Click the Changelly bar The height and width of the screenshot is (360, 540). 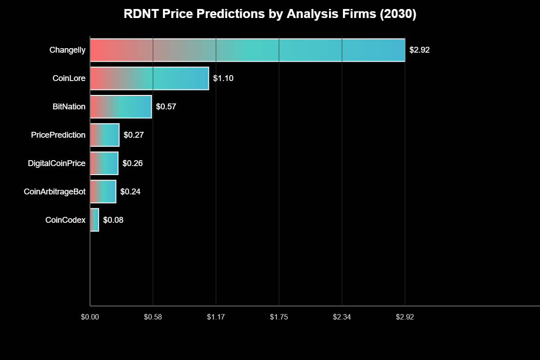point(247,50)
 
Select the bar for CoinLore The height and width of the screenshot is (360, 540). point(149,78)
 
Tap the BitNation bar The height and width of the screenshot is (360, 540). point(121,107)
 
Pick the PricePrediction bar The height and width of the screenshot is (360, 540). point(104,135)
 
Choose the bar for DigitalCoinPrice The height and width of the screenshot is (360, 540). point(104,163)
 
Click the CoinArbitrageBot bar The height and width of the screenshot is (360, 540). point(103,191)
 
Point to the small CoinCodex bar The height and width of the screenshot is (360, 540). point(94,220)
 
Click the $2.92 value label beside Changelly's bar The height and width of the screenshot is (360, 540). point(419,50)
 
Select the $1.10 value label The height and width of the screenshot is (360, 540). point(223,78)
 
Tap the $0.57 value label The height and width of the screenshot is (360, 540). point(166,107)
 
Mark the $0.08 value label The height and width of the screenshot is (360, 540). point(113,220)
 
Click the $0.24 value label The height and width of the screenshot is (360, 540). point(130,192)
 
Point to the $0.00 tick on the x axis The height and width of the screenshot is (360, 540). point(90,317)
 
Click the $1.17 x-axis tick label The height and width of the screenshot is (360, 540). point(216,317)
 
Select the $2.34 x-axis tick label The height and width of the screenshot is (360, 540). point(342,317)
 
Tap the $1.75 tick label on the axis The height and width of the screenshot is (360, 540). point(279,317)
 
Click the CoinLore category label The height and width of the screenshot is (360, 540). point(69,78)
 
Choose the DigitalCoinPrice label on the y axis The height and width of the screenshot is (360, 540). point(57,163)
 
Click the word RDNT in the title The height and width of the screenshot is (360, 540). point(139,14)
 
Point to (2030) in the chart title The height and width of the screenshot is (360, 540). point(398,14)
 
